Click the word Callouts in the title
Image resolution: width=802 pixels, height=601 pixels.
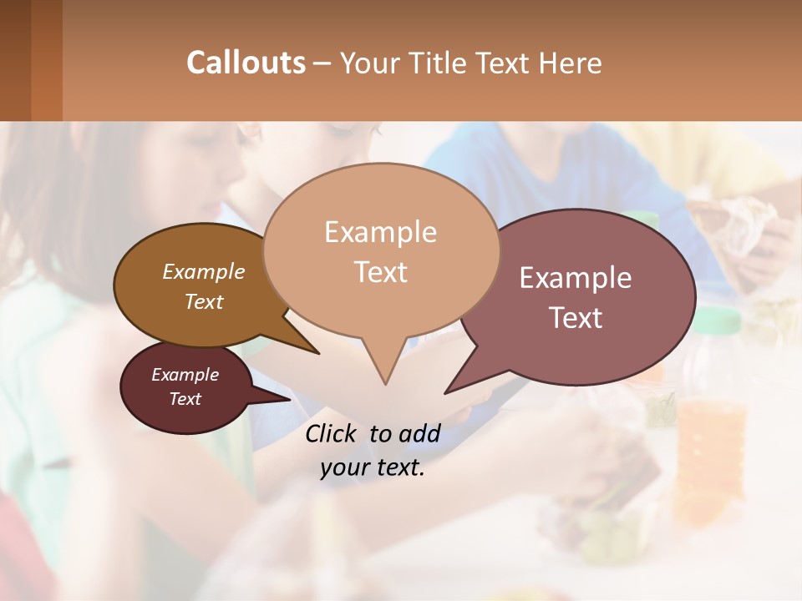(x=246, y=63)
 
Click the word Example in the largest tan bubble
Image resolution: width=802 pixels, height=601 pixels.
(x=380, y=232)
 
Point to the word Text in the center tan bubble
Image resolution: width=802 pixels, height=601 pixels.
(x=380, y=272)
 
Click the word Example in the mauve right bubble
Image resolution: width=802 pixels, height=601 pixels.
(x=576, y=278)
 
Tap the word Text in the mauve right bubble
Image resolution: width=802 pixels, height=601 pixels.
(x=576, y=318)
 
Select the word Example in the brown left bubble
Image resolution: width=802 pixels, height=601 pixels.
(x=204, y=271)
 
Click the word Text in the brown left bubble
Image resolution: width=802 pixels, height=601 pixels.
(x=204, y=301)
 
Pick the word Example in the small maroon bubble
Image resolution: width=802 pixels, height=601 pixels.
(x=185, y=375)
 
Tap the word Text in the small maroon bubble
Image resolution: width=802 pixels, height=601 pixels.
(x=185, y=399)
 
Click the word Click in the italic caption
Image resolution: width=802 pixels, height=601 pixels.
(x=332, y=433)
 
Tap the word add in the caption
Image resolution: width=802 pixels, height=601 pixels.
(x=419, y=433)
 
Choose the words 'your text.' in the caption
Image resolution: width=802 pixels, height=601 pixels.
(x=373, y=467)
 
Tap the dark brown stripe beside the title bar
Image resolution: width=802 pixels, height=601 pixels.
(x=15, y=60)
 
